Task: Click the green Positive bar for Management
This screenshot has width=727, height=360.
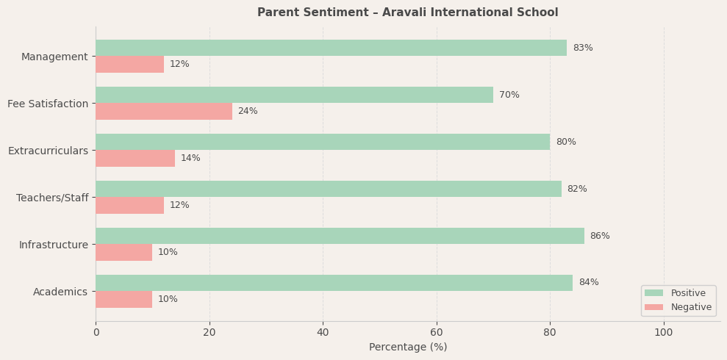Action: pyautogui.click(x=331, y=48)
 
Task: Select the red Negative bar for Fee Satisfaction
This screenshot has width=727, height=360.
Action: pyautogui.click(x=164, y=111)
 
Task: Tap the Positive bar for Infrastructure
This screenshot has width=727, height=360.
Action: pyautogui.click(x=340, y=236)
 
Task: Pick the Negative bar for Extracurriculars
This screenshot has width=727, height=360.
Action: pyautogui.click(x=135, y=158)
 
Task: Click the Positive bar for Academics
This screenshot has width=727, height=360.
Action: pyautogui.click(x=334, y=283)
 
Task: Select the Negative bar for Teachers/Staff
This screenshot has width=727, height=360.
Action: pyautogui.click(x=129, y=205)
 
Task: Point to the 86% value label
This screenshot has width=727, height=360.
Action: pyautogui.click(x=600, y=236)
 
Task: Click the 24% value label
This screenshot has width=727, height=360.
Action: pyautogui.click(x=248, y=111)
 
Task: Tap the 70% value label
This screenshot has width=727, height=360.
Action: pyautogui.click(x=509, y=95)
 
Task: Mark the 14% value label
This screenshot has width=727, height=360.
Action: pyautogui.click(x=190, y=158)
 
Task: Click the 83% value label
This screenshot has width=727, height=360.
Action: pyautogui.click(x=583, y=48)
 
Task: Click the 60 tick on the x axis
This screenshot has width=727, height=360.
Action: pyautogui.click(x=437, y=332)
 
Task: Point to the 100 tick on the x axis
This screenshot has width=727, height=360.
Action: pyautogui.click(x=664, y=332)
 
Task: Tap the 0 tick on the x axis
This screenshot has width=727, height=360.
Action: pyautogui.click(x=96, y=332)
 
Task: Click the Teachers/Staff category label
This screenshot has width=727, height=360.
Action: pyautogui.click(x=52, y=198)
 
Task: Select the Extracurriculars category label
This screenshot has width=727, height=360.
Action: pyautogui.click(x=48, y=151)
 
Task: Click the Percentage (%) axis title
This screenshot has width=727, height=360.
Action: pyautogui.click(x=408, y=347)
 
